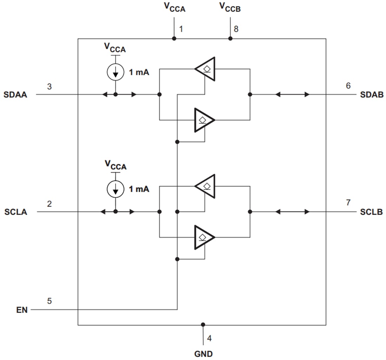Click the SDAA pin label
(15, 95)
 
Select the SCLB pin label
(371, 212)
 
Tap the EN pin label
(22, 310)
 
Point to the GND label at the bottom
(204, 354)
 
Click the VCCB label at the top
(230, 7)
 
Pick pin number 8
(236, 29)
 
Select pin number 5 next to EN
(49, 301)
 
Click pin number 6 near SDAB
(348, 86)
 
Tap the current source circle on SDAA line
(115, 72)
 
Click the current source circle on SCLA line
(115, 189)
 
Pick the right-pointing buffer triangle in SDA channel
(204, 120)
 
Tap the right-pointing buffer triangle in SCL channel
(204, 237)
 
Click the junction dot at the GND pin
(203, 325)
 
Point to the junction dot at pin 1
(174, 39)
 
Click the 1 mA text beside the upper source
(139, 73)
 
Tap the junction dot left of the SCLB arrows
(250, 212)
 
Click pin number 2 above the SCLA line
(49, 204)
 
